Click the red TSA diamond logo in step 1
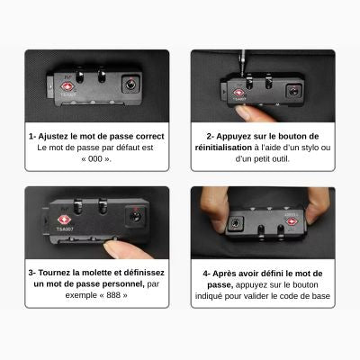pyautogui.click(x=67, y=87)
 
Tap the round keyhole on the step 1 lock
pyautogui.click(x=130, y=85)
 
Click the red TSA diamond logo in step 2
pyautogui.click(x=239, y=93)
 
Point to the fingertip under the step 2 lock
pyautogui.click(x=250, y=113)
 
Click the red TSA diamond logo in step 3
pyautogui.click(x=64, y=220)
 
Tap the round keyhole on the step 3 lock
pyautogui.click(x=135, y=216)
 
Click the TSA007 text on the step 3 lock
pyautogui.click(x=65, y=229)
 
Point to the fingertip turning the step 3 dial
pyautogui.click(x=123, y=249)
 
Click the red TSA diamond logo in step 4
pyautogui.click(x=292, y=222)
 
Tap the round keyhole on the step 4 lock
pyautogui.click(x=236, y=223)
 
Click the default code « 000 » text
pyautogui.click(x=96, y=159)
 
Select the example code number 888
pyautogui.click(x=113, y=295)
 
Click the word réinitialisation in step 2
pyautogui.click(x=223, y=148)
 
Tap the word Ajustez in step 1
pyautogui.click(x=53, y=137)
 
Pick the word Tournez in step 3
pyautogui.click(x=55, y=273)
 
